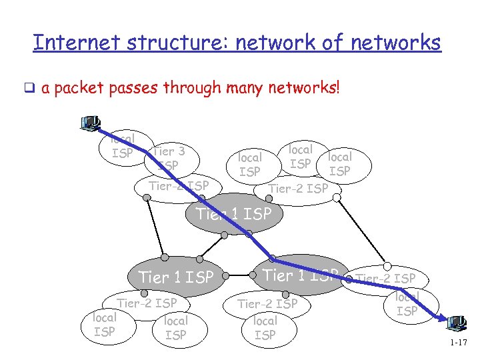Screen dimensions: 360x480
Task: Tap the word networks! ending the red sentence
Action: (307, 88)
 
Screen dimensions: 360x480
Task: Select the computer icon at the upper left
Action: (89, 124)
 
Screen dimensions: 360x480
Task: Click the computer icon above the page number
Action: (457, 325)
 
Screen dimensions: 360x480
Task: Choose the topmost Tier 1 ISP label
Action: (234, 214)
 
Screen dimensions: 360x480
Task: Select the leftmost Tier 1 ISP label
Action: (175, 277)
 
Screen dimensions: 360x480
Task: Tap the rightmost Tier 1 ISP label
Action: (300, 275)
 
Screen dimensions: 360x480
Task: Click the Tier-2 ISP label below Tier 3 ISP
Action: (179, 185)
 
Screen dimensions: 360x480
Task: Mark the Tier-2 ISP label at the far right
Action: (386, 278)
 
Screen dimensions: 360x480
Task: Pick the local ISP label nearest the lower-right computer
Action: (407, 303)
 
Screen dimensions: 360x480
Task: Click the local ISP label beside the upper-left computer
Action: (122, 147)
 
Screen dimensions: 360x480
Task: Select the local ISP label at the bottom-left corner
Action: (104, 325)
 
